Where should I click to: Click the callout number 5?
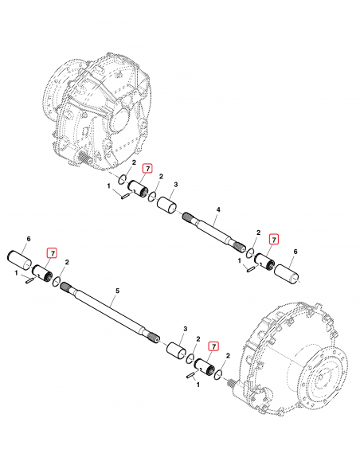[x=116, y=292]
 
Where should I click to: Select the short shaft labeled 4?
[x=211, y=232]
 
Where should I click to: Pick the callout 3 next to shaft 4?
[x=176, y=185]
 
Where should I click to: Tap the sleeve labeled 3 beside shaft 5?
[x=177, y=351]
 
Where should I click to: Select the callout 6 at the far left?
[x=29, y=239]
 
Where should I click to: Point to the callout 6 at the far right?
[x=295, y=252]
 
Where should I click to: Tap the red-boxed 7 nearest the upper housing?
[x=147, y=168]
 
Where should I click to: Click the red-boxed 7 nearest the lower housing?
[x=213, y=346]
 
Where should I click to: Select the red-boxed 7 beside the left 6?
[x=52, y=253]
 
